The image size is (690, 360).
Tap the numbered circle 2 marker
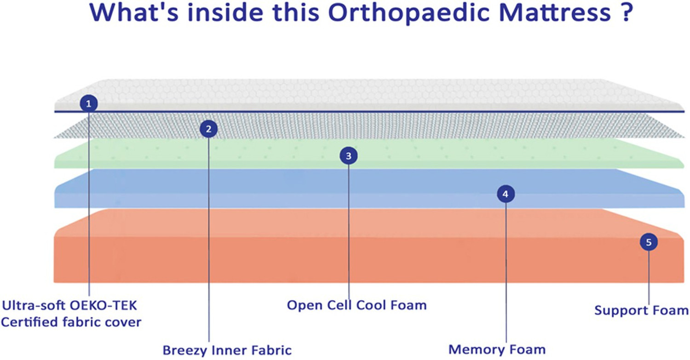click(x=208, y=129)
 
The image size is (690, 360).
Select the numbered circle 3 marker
click(x=349, y=156)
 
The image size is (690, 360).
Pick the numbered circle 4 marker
click(x=506, y=194)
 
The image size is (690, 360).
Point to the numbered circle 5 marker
click(x=649, y=242)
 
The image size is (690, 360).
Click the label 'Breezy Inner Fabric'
click(x=227, y=350)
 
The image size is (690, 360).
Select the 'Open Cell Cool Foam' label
click(x=356, y=305)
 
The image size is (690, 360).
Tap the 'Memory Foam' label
click(x=497, y=349)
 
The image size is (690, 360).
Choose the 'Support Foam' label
click(x=641, y=310)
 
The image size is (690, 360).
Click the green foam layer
click(x=276, y=154)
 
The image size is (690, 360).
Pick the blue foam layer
click(x=276, y=189)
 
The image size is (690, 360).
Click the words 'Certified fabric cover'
click(x=71, y=322)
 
